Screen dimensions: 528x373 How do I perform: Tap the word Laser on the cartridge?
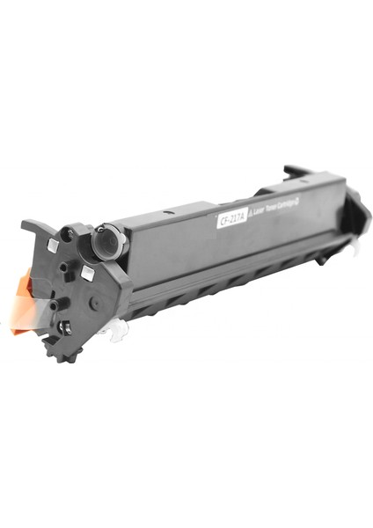[262, 209]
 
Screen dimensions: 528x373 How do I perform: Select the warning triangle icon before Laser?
[250, 214]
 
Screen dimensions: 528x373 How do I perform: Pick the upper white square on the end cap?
[54, 244]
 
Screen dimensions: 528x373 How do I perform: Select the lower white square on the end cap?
[87, 274]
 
